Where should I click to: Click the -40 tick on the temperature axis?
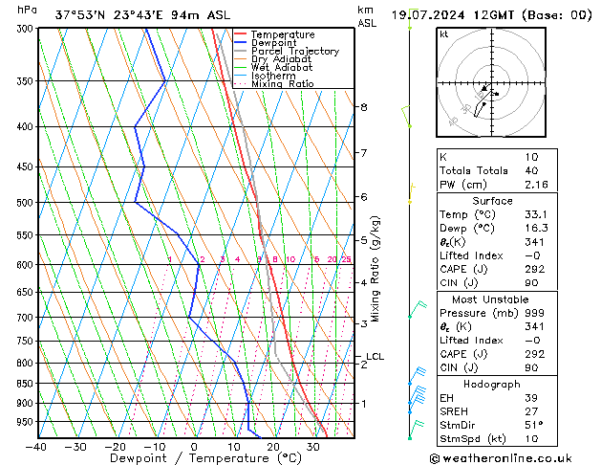click(x=36, y=447)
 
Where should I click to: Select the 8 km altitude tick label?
click(x=364, y=107)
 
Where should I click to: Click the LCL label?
click(x=375, y=357)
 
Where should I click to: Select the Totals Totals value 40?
click(x=532, y=170)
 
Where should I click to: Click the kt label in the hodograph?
click(x=443, y=34)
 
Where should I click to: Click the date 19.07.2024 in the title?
click(x=427, y=14)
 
